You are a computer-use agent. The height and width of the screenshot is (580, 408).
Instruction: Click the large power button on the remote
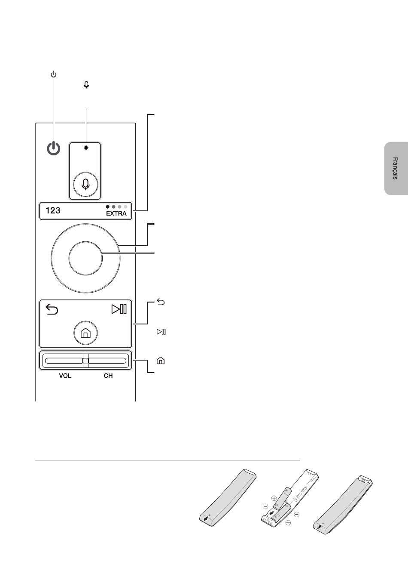(54, 148)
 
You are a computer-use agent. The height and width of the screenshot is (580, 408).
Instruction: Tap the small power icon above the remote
(54, 74)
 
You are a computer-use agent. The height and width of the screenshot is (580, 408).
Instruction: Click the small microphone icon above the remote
(86, 85)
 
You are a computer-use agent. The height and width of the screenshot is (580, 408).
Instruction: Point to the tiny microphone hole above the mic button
(86, 148)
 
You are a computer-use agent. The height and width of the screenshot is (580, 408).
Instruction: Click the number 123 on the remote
(53, 210)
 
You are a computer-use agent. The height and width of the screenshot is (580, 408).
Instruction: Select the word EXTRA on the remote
(116, 213)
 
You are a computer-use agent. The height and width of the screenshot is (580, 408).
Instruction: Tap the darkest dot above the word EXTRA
(108, 207)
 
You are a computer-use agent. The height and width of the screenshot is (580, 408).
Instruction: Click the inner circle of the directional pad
(85, 258)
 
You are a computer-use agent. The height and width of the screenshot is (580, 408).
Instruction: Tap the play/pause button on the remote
(119, 309)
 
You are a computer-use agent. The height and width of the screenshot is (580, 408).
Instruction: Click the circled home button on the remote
(85, 333)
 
